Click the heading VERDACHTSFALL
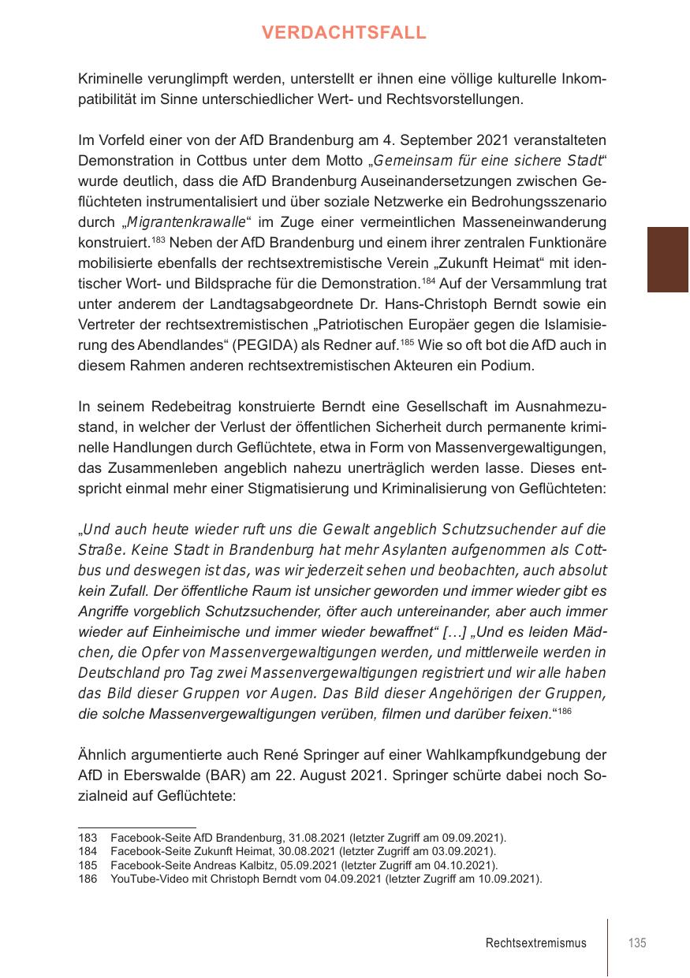pos(345,33)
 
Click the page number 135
pos(637,943)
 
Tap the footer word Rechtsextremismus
pos(536,943)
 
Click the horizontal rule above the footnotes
pos(137,827)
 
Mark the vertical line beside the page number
pos(607,946)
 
